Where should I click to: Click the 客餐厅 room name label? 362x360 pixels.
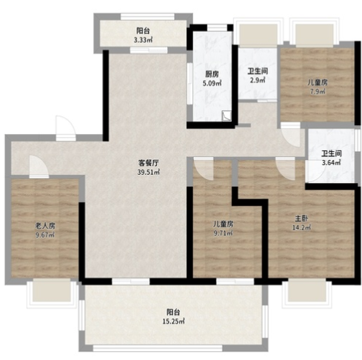tap(148, 163)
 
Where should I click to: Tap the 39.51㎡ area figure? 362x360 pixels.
tap(148, 172)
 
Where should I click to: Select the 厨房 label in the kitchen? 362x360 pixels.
tap(212, 74)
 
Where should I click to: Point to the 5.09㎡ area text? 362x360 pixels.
tap(212, 83)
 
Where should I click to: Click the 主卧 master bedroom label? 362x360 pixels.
tap(301, 219)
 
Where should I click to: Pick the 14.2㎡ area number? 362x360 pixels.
tap(301, 227)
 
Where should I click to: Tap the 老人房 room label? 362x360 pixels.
tap(45, 225)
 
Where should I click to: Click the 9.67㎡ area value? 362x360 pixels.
tap(45, 235)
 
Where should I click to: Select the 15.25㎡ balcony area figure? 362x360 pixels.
tap(173, 321)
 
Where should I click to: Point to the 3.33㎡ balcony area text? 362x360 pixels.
tap(143, 40)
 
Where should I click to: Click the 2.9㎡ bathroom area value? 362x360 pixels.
tap(258, 80)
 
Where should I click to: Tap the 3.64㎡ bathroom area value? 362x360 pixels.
tap(331, 162)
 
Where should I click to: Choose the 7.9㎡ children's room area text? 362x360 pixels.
tap(318, 92)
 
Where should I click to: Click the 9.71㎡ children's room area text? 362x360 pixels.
tap(223, 233)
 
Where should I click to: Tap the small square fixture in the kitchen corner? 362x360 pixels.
tap(227, 116)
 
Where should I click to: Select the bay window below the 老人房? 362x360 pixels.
tap(52, 293)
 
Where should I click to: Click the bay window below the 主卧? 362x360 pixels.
tap(306, 293)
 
